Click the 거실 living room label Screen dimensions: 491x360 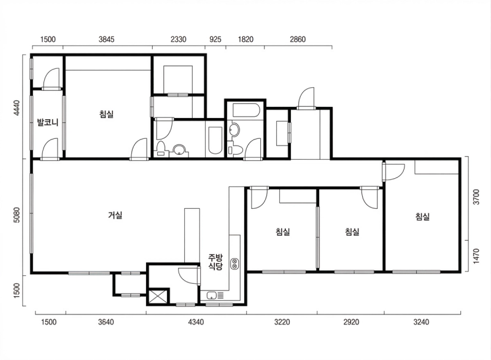pos(115,215)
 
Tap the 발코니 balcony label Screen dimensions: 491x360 pos(48,122)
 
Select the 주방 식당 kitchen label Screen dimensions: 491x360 pos(215,262)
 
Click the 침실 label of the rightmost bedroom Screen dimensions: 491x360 pos(422,216)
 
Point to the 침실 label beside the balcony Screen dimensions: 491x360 pos(106,114)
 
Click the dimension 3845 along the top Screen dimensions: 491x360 pos(106,39)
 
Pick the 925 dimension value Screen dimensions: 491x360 pos(215,39)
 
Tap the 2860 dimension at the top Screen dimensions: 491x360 pos(298,39)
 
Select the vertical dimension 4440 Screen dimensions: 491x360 pos(17,108)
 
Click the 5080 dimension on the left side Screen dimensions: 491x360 pos(17,214)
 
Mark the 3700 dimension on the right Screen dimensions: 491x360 pos(476,197)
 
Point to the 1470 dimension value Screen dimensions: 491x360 pos(476,256)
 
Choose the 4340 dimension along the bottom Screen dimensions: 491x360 pos(196,322)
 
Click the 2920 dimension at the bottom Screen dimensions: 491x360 pos(351,322)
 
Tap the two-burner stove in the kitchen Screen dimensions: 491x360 pos(234,264)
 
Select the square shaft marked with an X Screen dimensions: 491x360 pos(158,296)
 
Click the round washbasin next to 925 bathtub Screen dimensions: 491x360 pos(179,149)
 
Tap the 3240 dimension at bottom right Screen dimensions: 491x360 pos(421,322)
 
